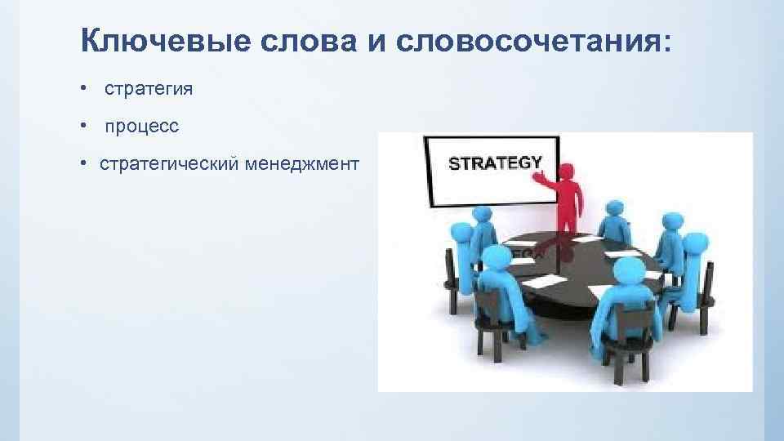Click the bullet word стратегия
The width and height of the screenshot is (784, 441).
click(x=149, y=89)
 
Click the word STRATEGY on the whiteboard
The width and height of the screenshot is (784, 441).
click(x=495, y=163)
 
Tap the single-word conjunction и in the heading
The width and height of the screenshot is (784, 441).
click(x=376, y=40)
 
